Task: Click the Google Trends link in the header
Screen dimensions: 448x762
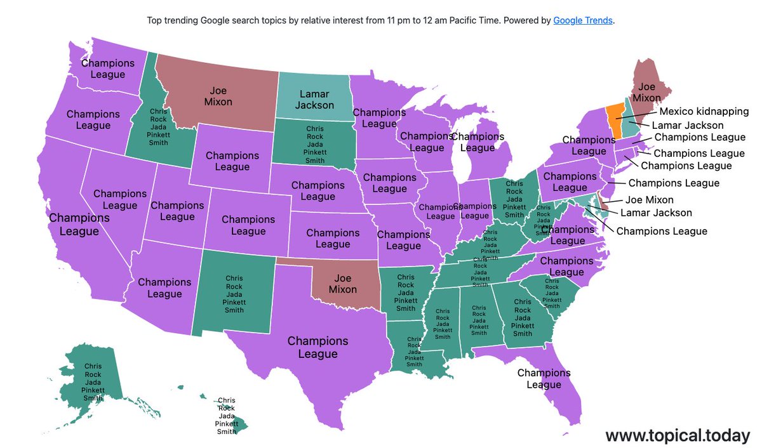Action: click(x=583, y=20)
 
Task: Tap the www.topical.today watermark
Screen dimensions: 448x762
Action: click(x=677, y=435)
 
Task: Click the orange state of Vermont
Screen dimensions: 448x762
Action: click(x=615, y=114)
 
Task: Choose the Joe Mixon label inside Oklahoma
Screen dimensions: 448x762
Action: click(x=342, y=283)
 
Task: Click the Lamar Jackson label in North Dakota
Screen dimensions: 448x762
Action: click(x=314, y=100)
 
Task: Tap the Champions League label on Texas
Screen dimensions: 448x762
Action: click(x=317, y=347)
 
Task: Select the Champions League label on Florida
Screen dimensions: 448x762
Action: click(x=544, y=379)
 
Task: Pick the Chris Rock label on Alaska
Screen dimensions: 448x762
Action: click(x=93, y=382)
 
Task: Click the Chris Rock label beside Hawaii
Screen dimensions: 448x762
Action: click(x=226, y=416)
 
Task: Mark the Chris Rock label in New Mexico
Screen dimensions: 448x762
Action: click(x=235, y=293)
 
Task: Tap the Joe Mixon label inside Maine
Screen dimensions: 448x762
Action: click(x=646, y=92)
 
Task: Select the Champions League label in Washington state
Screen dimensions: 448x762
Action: click(x=108, y=69)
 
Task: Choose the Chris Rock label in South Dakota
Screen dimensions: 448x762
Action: click(x=315, y=145)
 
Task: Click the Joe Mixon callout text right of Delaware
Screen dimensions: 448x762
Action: click(x=650, y=200)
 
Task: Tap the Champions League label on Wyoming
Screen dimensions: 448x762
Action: click(x=232, y=161)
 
